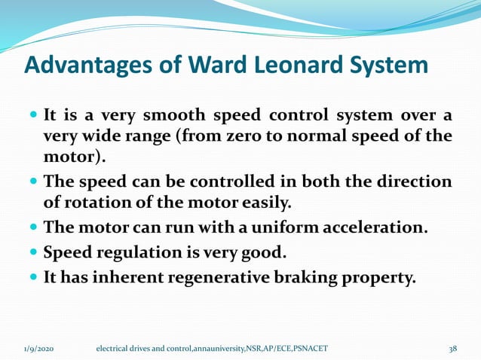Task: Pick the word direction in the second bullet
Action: pyautogui.click(x=412, y=183)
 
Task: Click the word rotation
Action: pyautogui.click(x=97, y=203)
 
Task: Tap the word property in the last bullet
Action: pyautogui.click(x=391, y=277)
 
